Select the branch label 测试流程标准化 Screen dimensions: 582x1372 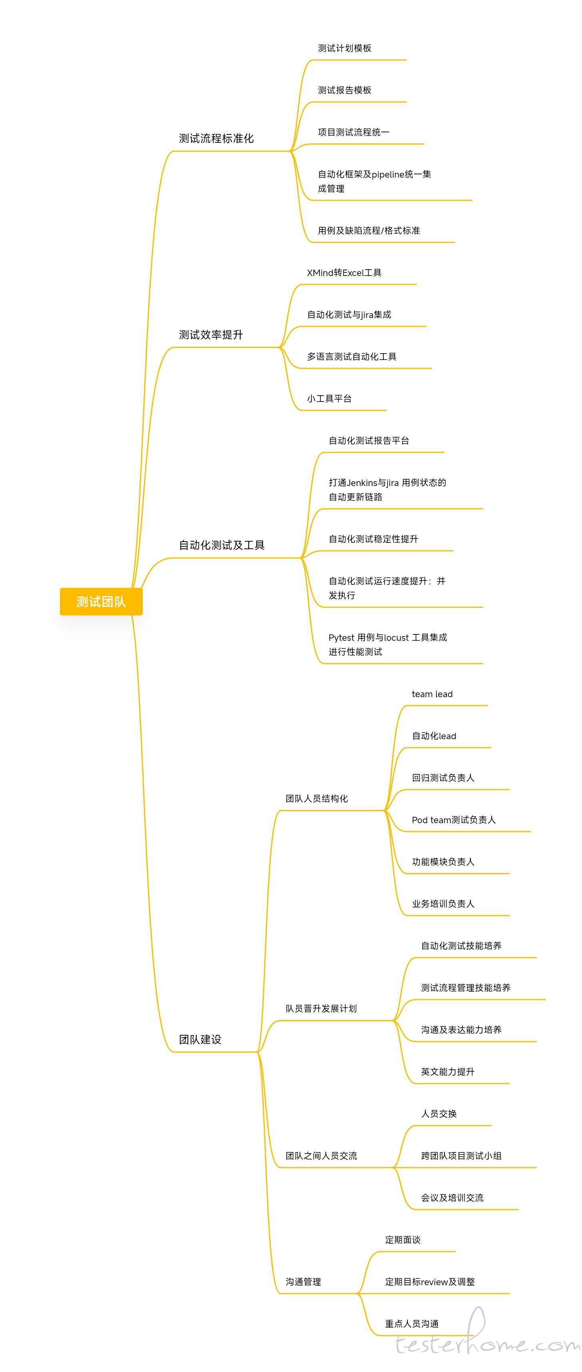216,138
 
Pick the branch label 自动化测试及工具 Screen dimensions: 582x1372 221,545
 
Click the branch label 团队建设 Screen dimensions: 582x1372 200,1039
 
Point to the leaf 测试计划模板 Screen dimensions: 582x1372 345,48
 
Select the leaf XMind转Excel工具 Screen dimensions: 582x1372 344,273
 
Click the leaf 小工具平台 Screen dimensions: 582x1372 329,398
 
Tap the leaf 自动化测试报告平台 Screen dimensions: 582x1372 369,440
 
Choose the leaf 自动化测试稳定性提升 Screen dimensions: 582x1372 373,539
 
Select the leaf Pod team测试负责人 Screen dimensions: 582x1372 454,820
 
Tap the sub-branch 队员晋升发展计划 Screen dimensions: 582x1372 321,1008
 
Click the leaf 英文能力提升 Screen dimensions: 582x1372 447,1072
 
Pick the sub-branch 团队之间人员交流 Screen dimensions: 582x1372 321,1156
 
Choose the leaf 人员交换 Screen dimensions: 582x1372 439,1114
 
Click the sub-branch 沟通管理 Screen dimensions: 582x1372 303,1282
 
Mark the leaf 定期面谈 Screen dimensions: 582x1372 403,1240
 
